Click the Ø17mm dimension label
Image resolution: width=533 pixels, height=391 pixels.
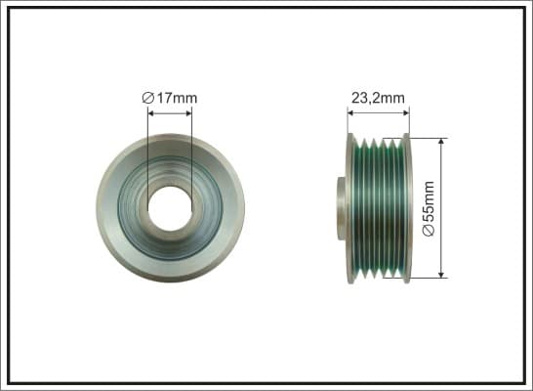pos(170,98)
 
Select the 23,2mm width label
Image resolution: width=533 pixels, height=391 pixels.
pos(378,98)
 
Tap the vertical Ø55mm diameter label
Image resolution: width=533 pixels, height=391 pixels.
pos(429,208)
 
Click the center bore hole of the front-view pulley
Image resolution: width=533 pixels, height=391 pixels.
pos(170,208)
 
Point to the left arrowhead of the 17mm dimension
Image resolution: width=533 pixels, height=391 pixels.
pos(151,113)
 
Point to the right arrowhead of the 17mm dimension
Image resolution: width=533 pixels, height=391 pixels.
pos(188,113)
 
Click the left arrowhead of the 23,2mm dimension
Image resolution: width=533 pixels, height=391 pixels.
pos(351,113)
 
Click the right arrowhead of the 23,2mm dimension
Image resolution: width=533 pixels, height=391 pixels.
pos(405,113)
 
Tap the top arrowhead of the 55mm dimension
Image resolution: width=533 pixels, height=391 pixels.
pos(441,142)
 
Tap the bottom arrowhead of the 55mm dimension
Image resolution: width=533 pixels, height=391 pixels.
pos(441,274)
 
